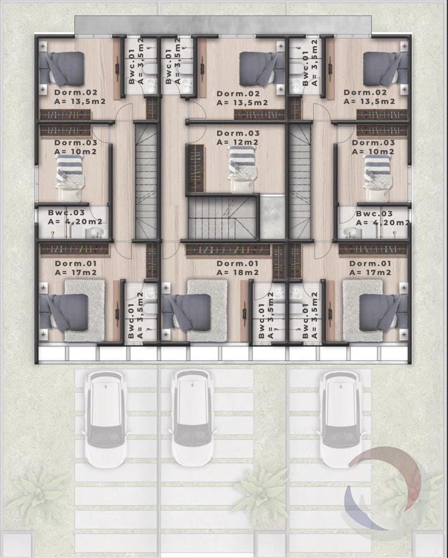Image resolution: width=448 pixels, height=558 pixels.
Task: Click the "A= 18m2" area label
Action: pyautogui.click(x=238, y=272)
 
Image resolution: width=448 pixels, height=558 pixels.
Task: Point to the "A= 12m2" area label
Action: pyautogui.click(x=238, y=142)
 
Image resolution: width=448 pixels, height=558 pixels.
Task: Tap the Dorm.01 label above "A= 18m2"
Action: pyautogui.click(x=238, y=264)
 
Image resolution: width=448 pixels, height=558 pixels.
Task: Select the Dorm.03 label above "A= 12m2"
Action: pyautogui.click(x=238, y=134)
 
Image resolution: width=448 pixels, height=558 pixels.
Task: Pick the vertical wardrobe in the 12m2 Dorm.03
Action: pyautogui.click(x=195, y=168)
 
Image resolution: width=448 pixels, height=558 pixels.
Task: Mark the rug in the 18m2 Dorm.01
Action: pyautogui.click(x=208, y=311)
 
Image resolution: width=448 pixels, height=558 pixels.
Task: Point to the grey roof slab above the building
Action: pyautogui.click(x=223, y=25)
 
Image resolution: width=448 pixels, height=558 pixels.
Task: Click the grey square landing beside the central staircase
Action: pyautogui.click(x=273, y=217)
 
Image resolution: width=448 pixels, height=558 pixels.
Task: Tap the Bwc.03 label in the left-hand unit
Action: pyautogui.click(x=66, y=213)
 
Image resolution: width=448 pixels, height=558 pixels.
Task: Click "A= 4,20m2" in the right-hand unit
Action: pyautogui.click(x=383, y=223)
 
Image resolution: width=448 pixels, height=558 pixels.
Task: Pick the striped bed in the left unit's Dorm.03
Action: pyautogui.click(x=70, y=178)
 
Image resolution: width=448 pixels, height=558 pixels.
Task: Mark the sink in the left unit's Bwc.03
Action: pyautogui.click(x=95, y=233)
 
